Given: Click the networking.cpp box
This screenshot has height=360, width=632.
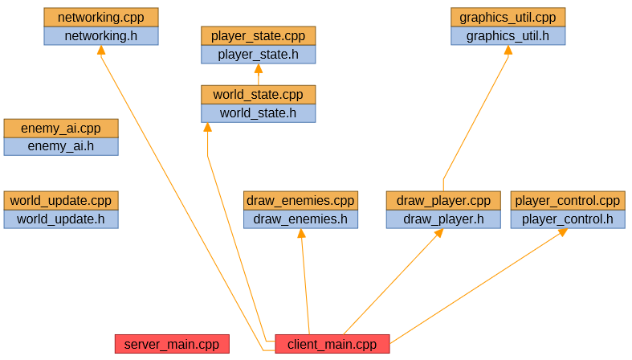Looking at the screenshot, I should (100, 17).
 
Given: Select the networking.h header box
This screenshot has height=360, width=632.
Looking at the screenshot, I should (100, 36).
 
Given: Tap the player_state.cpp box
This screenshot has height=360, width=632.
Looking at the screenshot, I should (258, 36).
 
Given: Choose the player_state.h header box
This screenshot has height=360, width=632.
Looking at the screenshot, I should (258, 55).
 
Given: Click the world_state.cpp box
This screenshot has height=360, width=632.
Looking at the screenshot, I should (258, 95).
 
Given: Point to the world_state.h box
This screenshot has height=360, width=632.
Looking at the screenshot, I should (258, 113).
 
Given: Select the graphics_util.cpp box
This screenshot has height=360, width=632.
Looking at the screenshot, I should (508, 17).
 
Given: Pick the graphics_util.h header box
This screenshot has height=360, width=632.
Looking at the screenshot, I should (508, 36).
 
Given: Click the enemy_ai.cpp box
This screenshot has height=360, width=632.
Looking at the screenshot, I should (61, 128).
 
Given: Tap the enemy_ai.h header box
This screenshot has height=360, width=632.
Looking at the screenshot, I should (61, 146).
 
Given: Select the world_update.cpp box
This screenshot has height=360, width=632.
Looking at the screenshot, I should (61, 200).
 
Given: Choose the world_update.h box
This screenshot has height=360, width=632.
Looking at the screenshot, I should (61, 219).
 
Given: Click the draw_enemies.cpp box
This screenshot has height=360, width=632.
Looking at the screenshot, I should (300, 200).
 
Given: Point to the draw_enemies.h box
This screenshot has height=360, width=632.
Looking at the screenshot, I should (300, 219).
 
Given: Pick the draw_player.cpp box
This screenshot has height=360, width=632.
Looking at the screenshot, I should (443, 200).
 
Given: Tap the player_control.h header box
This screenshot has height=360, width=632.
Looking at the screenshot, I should (567, 219).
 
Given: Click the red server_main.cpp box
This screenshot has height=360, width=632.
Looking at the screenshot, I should (172, 344).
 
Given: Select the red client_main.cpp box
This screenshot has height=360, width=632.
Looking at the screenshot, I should (332, 344).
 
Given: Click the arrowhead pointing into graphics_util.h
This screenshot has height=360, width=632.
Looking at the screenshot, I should (508, 50).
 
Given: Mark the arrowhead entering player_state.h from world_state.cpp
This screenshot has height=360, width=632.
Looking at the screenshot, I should (258, 68).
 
